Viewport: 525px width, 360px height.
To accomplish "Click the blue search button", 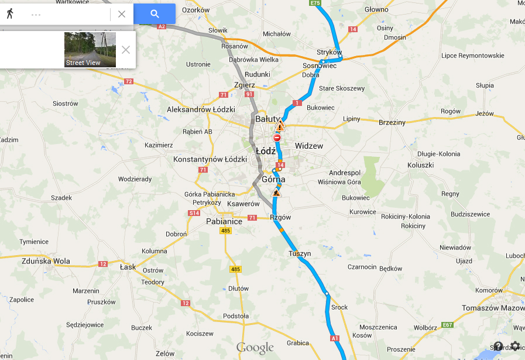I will click(x=155, y=14).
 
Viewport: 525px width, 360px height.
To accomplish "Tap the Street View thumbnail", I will click(x=90, y=50).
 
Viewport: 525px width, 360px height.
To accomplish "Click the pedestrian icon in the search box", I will click(x=11, y=14).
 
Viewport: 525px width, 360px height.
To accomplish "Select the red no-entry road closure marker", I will click(x=277, y=138).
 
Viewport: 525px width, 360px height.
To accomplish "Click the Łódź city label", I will click(x=266, y=150).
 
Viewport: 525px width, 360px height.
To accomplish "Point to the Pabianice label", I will click(x=224, y=222).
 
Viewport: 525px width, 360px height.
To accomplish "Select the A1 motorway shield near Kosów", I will click(x=335, y=338).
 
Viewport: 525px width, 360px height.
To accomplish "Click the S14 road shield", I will click(x=194, y=213).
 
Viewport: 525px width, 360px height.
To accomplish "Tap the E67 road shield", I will click(x=448, y=325).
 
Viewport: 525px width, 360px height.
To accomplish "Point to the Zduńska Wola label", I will click(x=45, y=261).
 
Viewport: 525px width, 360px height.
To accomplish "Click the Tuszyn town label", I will click(x=300, y=253).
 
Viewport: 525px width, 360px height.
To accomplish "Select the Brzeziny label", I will click(x=392, y=122).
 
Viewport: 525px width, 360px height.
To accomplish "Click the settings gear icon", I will click(x=515, y=347).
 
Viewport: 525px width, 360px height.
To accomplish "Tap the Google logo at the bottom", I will click(x=255, y=348).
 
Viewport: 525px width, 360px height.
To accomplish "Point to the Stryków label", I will click(x=329, y=53).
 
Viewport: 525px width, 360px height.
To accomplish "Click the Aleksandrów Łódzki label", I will click(x=201, y=109).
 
